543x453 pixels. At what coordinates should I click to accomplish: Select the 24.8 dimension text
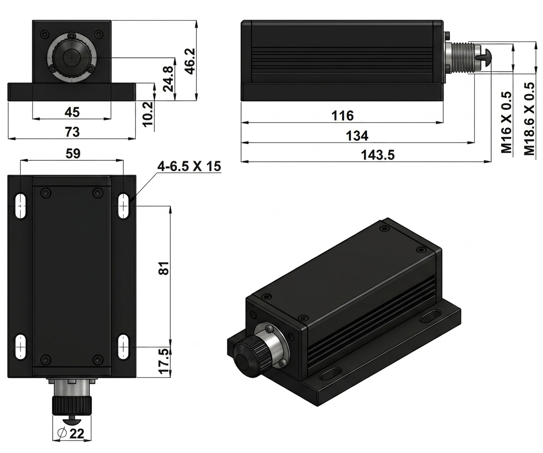pyautogui.click(x=169, y=79)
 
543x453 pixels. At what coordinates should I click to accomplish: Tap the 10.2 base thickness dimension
pyautogui.click(x=148, y=114)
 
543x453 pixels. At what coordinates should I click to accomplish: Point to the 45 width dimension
pyautogui.click(x=72, y=112)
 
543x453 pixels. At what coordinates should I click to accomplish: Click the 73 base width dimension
pyautogui.click(x=72, y=132)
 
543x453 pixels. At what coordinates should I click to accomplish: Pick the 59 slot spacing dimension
pyautogui.click(x=73, y=154)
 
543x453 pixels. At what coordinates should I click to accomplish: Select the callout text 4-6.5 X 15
pyautogui.click(x=189, y=166)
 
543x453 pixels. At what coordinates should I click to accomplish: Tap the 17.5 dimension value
pyautogui.click(x=165, y=361)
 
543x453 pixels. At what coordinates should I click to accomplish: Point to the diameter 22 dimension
pyautogui.click(x=71, y=434)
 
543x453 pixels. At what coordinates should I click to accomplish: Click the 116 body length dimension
pyautogui.click(x=342, y=116)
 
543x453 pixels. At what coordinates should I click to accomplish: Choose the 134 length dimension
pyautogui.click(x=357, y=135)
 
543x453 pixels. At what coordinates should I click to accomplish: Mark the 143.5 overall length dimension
pyautogui.click(x=378, y=155)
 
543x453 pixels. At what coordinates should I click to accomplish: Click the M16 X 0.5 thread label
pyautogui.click(x=507, y=122)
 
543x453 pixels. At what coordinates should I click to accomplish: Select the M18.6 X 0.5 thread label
pyautogui.click(x=530, y=119)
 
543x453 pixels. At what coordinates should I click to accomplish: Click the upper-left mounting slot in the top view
pyautogui.click(x=21, y=206)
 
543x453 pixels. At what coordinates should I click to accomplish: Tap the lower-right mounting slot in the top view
pyautogui.click(x=123, y=346)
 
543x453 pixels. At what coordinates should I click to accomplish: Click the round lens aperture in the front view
pyautogui.click(x=72, y=58)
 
